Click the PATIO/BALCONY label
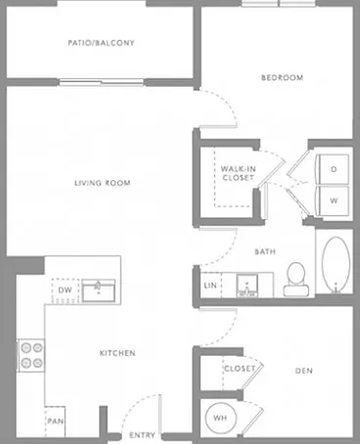coord(101,43)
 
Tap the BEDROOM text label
coord(282,77)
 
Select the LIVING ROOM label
coord(103,183)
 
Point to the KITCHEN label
coord(117,353)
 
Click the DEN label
coord(303,371)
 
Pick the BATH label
coord(265,251)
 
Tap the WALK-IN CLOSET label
coord(239,173)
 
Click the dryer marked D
coord(333,169)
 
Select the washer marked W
coord(333,200)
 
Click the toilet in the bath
coord(296,279)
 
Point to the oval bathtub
coord(336,264)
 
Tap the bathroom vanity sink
coord(247,286)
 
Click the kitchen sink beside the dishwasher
coord(99,290)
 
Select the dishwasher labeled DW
coord(66,290)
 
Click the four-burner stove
coord(31,355)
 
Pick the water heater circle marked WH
coord(220,418)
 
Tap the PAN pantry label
coord(56,422)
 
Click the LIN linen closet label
coord(210,286)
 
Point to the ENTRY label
coord(142,435)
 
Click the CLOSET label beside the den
coord(240,369)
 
